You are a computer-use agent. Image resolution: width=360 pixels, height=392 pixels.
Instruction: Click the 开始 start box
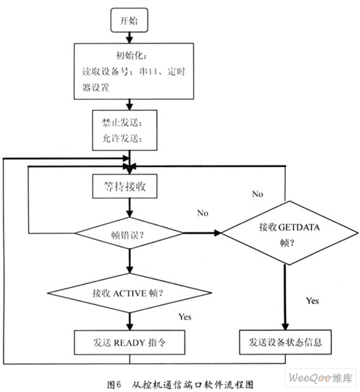[x=129, y=20]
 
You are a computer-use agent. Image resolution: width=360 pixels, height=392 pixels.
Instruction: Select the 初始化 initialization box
[x=134, y=71]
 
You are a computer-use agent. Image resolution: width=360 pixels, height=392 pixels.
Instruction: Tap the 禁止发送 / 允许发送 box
[x=125, y=130]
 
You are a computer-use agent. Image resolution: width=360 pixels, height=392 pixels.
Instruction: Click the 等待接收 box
[x=125, y=186]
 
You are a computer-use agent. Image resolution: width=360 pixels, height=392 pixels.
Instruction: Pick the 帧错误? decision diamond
[x=129, y=233]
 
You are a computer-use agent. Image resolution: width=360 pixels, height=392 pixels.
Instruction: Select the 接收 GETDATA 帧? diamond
[x=289, y=233]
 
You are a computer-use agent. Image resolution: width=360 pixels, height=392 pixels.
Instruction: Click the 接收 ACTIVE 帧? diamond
[x=130, y=293]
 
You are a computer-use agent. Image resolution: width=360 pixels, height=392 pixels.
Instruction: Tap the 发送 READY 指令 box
[x=130, y=342]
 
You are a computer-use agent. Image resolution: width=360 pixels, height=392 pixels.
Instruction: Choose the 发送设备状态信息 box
[x=285, y=342]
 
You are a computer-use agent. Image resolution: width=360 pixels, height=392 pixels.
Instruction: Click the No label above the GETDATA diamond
[x=258, y=194]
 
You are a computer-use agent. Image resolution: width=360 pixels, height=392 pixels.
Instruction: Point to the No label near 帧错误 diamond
[x=202, y=213]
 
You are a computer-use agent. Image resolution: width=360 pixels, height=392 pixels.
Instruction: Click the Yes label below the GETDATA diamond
[x=312, y=301]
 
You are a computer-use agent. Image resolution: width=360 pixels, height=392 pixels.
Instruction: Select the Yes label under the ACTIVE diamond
[x=185, y=316]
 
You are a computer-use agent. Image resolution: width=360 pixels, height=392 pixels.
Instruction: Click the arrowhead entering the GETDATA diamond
[x=218, y=233]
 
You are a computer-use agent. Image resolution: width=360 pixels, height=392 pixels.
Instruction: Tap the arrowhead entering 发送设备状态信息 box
[x=285, y=327]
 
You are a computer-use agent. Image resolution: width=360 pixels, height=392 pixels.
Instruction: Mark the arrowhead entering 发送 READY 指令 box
[x=130, y=327]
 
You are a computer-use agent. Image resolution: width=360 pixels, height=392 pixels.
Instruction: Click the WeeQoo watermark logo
[x=320, y=378]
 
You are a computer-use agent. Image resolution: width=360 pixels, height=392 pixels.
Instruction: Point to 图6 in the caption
[x=114, y=384]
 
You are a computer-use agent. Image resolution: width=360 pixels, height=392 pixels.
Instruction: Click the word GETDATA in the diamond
[x=299, y=227]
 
